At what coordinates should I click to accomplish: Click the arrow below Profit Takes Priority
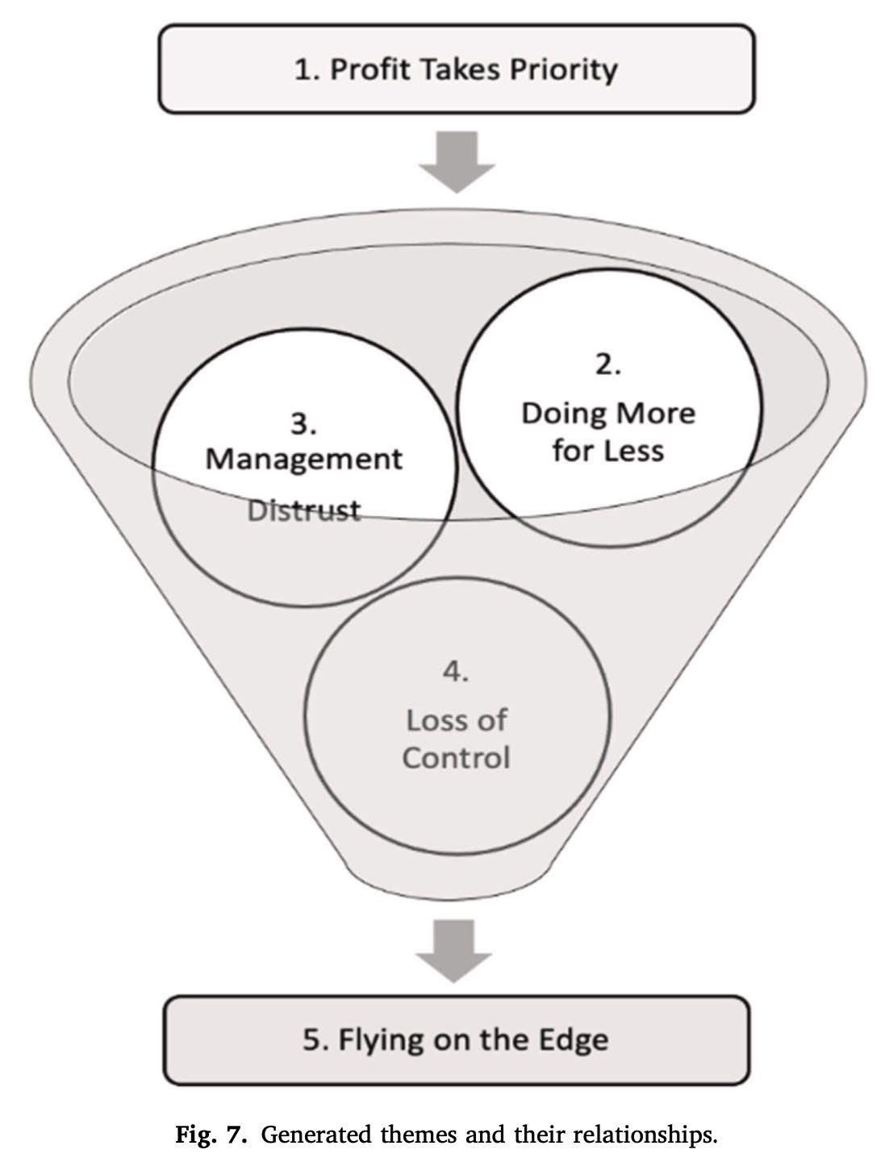pos(457,162)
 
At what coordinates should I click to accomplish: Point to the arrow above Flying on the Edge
pos(454,950)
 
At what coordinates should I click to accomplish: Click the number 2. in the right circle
pos(608,365)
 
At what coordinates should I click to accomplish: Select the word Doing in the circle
pos(562,414)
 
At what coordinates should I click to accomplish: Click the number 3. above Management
pos(303,424)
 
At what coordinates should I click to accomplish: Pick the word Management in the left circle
pos(303,459)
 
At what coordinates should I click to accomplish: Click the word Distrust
pos(303,510)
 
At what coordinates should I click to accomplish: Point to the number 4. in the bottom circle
pos(456,672)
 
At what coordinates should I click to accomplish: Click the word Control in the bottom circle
pos(456,757)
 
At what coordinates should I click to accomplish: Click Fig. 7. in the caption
pos(213,1135)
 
